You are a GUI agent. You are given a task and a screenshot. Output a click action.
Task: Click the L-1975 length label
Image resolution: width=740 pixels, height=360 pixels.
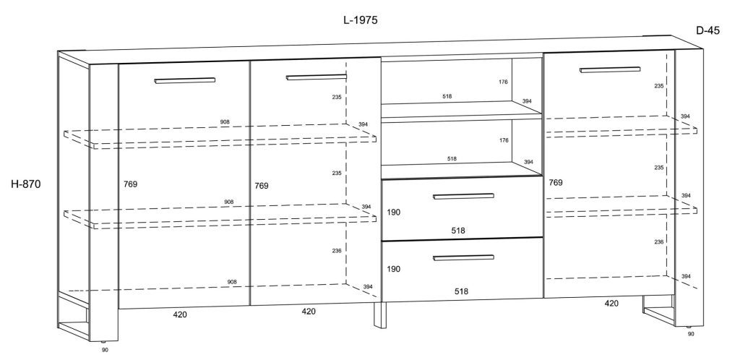pyautogui.click(x=361, y=20)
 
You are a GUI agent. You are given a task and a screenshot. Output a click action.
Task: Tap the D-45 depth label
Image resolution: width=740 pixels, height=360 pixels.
pyautogui.click(x=708, y=30)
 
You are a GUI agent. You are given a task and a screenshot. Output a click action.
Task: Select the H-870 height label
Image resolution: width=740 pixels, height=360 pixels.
pyautogui.click(x=26, y=184)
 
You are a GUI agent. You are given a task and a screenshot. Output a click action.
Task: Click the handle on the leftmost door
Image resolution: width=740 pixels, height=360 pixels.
pyautogui.click(x=184, y=80)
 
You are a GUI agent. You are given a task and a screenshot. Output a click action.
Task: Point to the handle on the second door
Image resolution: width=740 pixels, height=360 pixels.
pyautogui.click(x=317, y=77)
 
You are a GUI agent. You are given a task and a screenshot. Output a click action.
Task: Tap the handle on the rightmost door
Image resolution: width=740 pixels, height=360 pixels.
pyautogui.click(x=610, y=69)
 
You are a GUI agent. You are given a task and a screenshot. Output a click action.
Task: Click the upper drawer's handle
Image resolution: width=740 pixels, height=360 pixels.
pyautogui.click(x=463, y=196)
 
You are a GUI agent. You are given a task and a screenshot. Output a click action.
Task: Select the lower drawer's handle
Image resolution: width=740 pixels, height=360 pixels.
pyautogui.click(x=463, y=257)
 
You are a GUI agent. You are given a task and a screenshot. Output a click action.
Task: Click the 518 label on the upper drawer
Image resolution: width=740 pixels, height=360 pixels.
pyautogui.click(x=457, y=231)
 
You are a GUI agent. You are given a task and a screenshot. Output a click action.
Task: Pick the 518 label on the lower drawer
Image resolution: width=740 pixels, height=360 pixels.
pyautogui.click(x=461, y=291)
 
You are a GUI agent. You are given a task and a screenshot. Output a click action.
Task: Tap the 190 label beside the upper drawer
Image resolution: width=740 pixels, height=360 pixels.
pyautogui.click(x=394, y=213)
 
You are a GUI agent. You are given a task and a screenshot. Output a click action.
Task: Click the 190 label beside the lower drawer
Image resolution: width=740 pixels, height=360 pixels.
pyautogui.click(x=394, y=269)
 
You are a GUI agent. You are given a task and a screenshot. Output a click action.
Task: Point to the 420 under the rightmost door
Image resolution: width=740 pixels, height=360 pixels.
pyautogui.click(x=611, y=304)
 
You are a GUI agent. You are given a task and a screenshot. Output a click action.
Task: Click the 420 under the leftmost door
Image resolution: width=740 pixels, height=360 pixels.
pyautogui.click(x=180, y=314)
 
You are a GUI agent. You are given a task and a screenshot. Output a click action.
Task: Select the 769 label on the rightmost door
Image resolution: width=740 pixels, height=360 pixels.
pyautogui.click(x=556, y=183)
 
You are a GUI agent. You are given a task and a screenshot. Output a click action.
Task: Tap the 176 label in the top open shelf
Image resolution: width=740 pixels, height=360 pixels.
pyautogui.click(x=503, y=82)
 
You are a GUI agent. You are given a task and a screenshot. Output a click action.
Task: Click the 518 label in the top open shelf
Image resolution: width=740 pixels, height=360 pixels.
pyautogui.click(x=447, y=96)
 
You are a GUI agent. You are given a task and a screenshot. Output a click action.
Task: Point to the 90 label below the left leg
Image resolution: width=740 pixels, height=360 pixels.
pyautogui.click(x=105, y=350)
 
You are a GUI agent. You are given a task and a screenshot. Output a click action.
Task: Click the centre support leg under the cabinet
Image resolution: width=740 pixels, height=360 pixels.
pyautogui.click(x=380, y=315)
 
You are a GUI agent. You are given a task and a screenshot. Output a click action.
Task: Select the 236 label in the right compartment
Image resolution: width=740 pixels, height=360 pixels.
pyautogui.click(x=659, y=242)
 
